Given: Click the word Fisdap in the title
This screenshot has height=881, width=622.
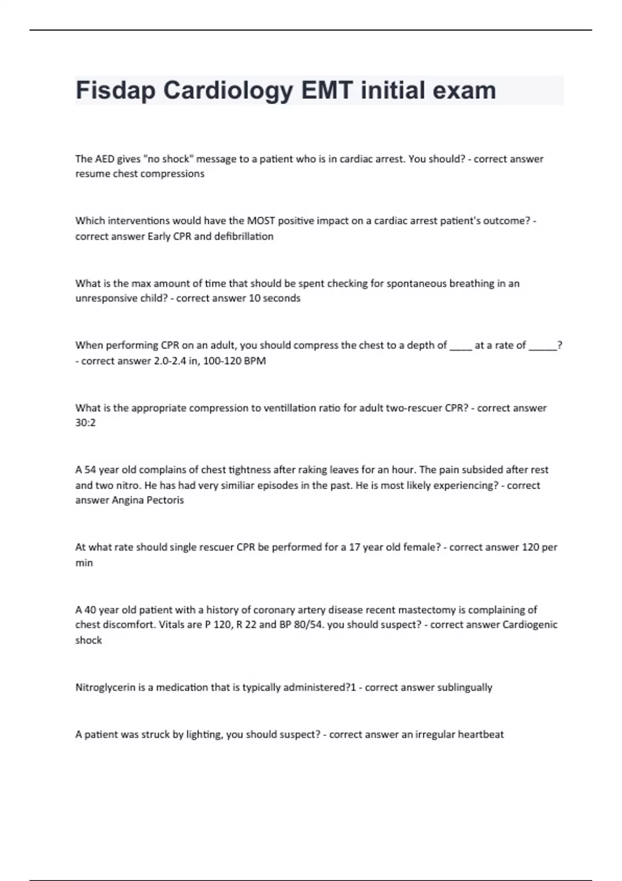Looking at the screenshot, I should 116,91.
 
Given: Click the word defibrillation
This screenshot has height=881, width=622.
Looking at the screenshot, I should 244,236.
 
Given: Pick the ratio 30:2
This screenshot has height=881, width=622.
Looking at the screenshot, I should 86,423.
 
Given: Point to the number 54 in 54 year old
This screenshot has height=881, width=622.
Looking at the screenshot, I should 90,470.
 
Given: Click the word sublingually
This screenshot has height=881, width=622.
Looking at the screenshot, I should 464,688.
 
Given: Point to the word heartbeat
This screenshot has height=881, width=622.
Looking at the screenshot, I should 480,734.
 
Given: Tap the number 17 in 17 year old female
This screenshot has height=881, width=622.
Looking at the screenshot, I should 355,547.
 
